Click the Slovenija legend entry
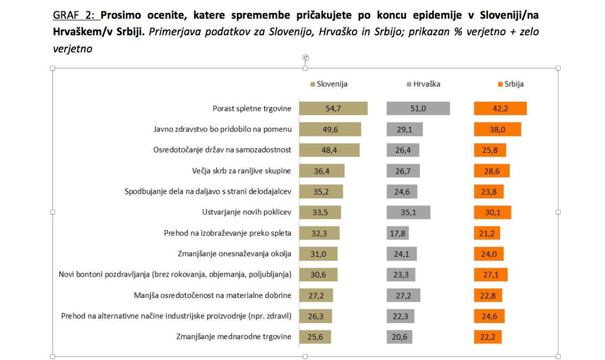[329, 84]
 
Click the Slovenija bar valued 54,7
[333, 109]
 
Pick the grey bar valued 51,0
[418, 109]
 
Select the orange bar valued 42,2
[500, 109]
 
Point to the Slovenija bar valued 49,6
[330, 129]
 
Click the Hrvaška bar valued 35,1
[408, 212]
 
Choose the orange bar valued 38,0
[497, 129]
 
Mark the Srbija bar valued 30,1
[492, 212]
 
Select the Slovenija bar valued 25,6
[315, 337]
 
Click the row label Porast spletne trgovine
[251, 109]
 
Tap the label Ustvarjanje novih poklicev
[247, 212]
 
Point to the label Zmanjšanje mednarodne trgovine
[233, 337]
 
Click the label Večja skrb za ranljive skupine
[241, 171]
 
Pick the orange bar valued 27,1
[491, 275]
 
